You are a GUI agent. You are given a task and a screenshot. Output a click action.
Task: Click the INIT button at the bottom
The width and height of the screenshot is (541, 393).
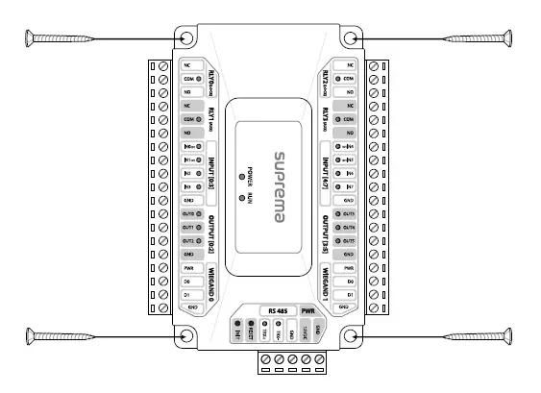(x=235, y=335)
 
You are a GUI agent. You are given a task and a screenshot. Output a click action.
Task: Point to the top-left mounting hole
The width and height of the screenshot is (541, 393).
(x=186, y=38)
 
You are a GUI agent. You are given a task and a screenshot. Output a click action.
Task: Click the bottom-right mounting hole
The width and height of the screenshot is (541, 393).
(x=353, y=335)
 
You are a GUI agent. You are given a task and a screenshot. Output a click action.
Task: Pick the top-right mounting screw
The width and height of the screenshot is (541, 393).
(x=477, y=38)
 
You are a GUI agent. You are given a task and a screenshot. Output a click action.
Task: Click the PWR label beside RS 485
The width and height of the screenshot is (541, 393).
(x=308, y=310)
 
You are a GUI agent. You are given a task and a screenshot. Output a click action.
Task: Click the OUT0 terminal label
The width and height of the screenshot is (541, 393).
(x=189, y=212)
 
